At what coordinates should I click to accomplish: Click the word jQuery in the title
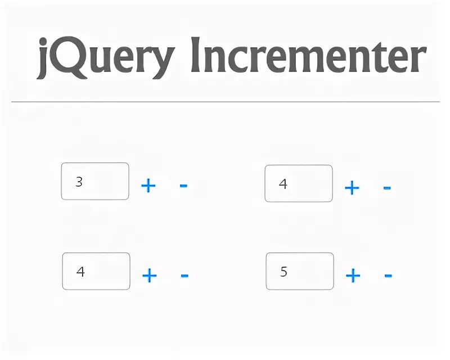[104, 57]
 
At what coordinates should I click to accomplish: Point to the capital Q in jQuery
[70, 57]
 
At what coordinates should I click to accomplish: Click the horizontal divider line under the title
[225, 102]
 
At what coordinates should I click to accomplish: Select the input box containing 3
[95, 181]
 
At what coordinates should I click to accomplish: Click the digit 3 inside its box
[79, 182]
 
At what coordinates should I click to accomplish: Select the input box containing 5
[299, 271]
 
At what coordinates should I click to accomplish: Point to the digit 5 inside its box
[283, 272]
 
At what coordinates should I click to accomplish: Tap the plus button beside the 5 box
[353, 276]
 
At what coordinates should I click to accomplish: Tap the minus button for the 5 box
[388, 276]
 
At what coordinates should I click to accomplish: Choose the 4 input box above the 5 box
[298, 183]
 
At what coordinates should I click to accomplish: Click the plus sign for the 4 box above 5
[352, 187]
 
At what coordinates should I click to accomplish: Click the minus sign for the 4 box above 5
[386, 187]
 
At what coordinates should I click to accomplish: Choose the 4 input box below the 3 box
[96, 271]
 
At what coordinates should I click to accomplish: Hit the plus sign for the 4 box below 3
[149, 276]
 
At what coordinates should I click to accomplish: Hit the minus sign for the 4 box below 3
[184, 276]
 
